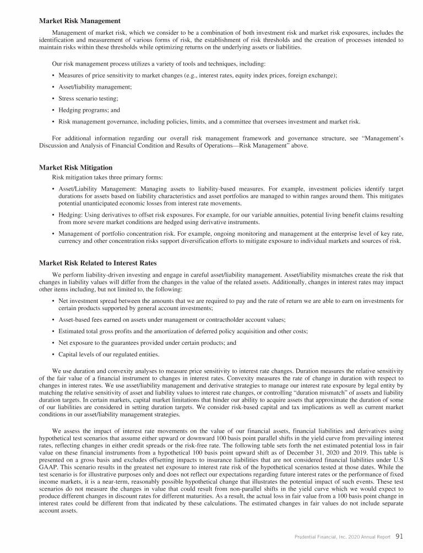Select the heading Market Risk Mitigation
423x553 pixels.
76,167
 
